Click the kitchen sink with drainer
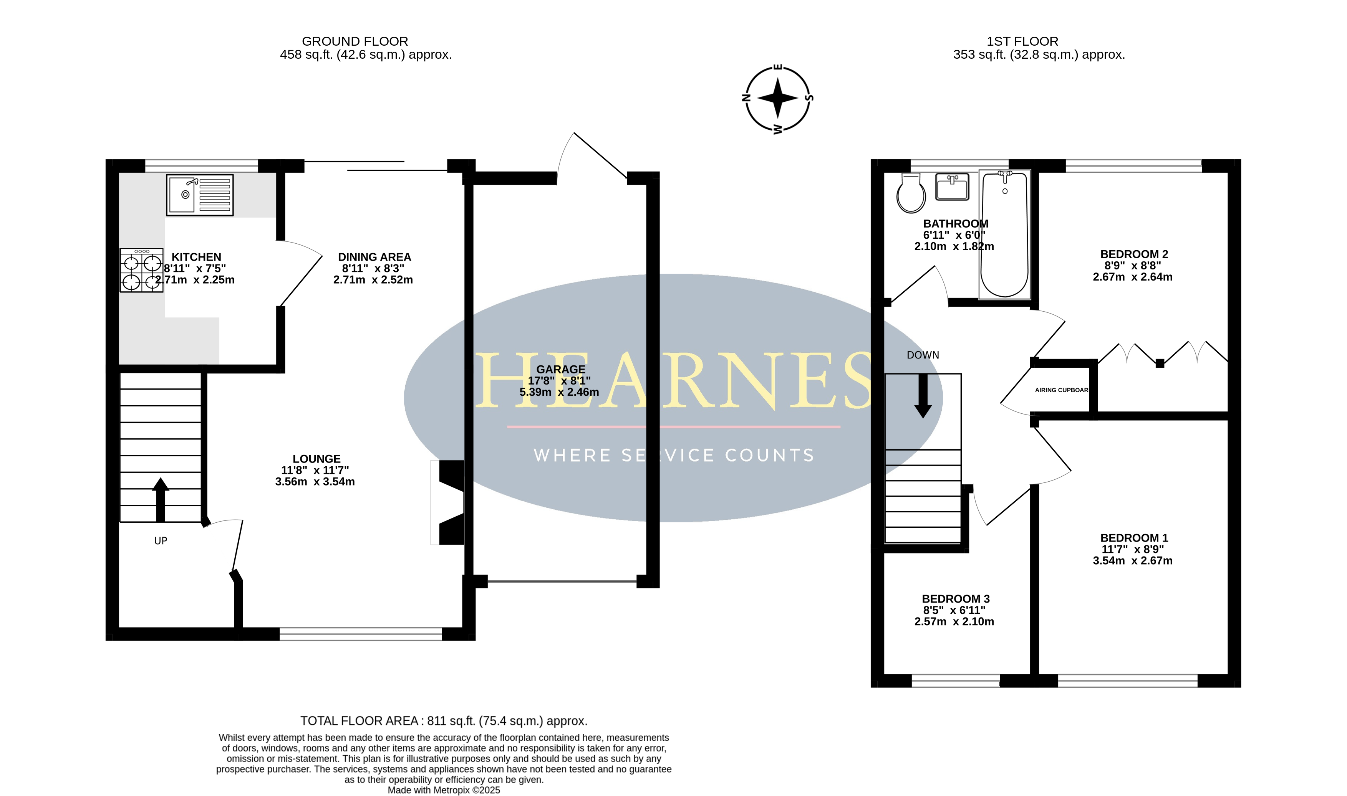click(x=200, y=195)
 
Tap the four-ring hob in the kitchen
click(x=141, y=270)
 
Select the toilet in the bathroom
click(x=911, y=193)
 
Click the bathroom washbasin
click(x=952, y=186)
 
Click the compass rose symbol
click(x=778, y=99)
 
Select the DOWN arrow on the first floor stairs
click(x=923, y=396)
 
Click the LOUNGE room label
click(x=316, y=459)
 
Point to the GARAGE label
click(x=561, y=369)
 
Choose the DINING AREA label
click(x=374, y=257)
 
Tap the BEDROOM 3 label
click(x=956, y=599)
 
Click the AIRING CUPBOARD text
click(x=1062, y=390)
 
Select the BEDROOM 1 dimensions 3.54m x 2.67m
click(x=1133, y=560)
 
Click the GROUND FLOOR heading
click(x=355, y=41)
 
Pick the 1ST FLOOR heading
click(x=1022, y=41)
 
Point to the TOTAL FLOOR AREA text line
click(x=444, y=721)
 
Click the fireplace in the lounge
click(x=448, y=503)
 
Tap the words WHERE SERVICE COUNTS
click(x=674, y=456)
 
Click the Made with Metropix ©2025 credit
click(x=444, y=790)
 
